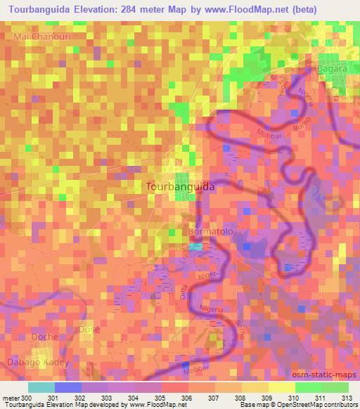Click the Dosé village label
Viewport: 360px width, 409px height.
90,330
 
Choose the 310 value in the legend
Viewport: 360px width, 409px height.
271,398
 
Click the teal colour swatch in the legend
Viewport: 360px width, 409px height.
41,387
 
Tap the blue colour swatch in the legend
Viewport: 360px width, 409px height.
67,387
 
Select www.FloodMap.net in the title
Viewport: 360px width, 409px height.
241,9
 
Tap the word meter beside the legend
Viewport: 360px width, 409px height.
10,398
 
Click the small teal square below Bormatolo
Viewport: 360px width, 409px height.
195,246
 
